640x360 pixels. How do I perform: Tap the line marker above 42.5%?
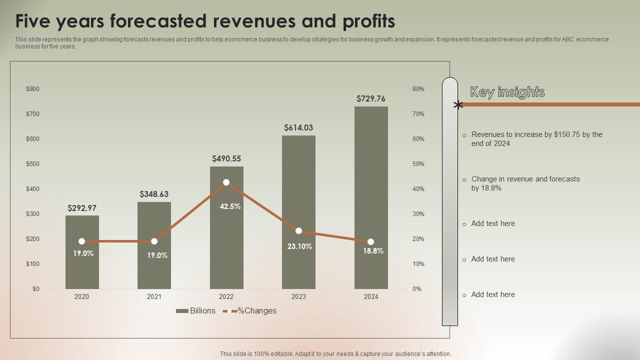click(x=226, y=182)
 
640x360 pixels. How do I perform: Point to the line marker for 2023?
click(x=298, y=231)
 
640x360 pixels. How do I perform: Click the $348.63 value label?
click(x=154, y=194)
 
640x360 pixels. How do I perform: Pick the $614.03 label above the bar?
click(x=298, y=127)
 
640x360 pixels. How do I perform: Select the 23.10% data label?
click(x=299, y=246)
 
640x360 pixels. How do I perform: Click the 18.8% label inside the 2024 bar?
click(x=373, y=251)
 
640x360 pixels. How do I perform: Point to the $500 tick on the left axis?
click(x=32, y=164)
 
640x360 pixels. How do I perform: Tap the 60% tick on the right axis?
click(x=418, y=139)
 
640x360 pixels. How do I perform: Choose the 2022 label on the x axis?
click(x=226, y=296)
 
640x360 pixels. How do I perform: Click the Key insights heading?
click(x=507, y=92)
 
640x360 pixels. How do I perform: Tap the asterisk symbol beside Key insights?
click(x=458, y=105)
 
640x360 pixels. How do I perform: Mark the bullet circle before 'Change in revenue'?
click(x=464, y=179)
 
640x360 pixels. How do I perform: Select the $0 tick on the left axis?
click(x=36, y=289)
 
